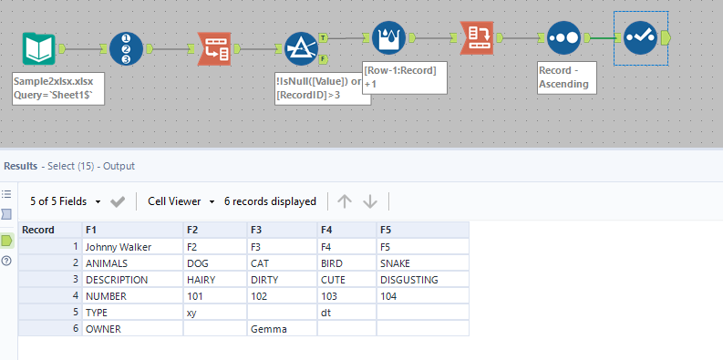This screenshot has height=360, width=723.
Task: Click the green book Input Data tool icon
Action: (x=38, y=49)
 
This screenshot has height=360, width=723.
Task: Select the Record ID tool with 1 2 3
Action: (x=127, y=49)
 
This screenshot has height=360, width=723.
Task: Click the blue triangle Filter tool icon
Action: (x=300, y=49)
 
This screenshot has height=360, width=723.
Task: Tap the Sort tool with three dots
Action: (x=564, y=39)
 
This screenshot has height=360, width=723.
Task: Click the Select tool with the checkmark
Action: (x=641, y=38)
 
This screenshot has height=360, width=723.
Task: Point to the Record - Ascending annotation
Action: (x=567, y=77)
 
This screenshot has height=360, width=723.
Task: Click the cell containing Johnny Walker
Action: (x=119, y=246)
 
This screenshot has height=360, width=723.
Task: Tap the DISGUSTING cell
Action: (x=410, y=279)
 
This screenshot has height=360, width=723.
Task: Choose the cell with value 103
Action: (x=332, y=295)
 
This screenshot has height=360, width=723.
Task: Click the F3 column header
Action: (x=257, y=230)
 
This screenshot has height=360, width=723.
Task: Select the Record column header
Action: (x=38, y=230)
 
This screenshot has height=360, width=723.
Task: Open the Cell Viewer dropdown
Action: (x=181, y=201)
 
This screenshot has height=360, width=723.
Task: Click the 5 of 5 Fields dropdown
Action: (x=67, y=201)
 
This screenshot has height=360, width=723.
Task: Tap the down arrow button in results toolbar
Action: (x=369, y=201)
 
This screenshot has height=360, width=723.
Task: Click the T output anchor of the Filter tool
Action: (x=325, y=39)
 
